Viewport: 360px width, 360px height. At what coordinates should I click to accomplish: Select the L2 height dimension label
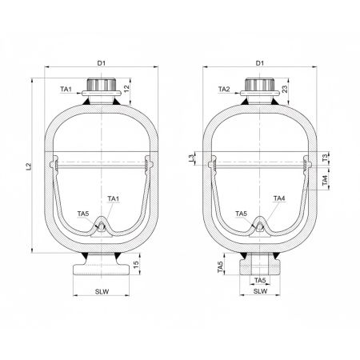[28, 166]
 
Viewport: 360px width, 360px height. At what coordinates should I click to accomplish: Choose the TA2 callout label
[225, 90]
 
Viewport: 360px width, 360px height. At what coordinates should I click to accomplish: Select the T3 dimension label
[325, 160]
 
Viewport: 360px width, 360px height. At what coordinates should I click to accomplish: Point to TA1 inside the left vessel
[113, 198]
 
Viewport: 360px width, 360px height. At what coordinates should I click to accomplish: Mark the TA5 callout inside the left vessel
[82, 214]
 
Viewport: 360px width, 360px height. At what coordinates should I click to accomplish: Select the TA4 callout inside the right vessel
[279, 198]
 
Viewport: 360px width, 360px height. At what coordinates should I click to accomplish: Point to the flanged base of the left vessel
[100, 265]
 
